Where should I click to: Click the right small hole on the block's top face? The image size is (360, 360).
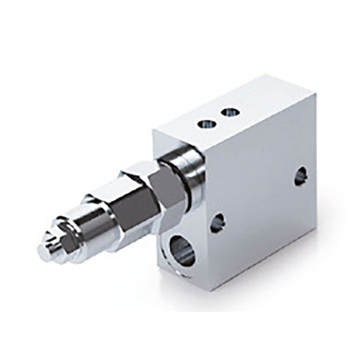point(229,113)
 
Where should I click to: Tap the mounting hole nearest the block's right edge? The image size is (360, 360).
point(301,175)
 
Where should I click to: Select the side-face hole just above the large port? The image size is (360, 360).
point(218,222)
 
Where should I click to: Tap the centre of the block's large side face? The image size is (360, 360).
point(258,194)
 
